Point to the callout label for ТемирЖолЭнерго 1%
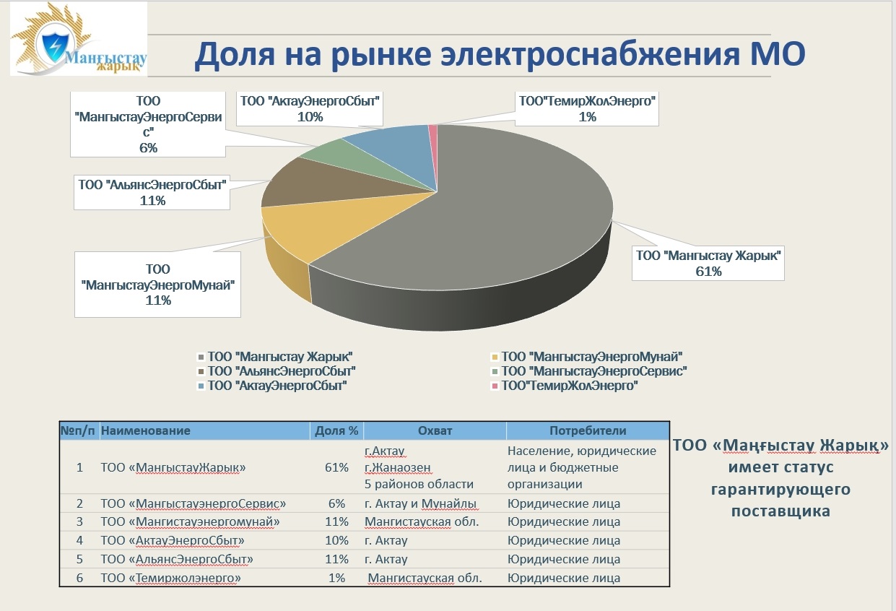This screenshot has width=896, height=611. tap(587, 108)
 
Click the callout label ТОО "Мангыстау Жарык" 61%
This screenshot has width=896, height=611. tap(708, 263)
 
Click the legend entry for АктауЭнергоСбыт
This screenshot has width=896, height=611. tap(272, 386)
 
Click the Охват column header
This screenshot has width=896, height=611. tap(435, 430)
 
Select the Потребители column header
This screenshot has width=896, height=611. tap(588, 430)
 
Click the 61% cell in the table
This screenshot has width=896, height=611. tap(336, 467)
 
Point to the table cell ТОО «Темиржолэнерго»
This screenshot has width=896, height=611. tap(170, 578)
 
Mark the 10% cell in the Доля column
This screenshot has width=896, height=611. tap(336, 540)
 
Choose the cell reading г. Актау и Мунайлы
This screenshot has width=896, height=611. tap(420, 503)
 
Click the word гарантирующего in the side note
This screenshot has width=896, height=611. tap(780, 490)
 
